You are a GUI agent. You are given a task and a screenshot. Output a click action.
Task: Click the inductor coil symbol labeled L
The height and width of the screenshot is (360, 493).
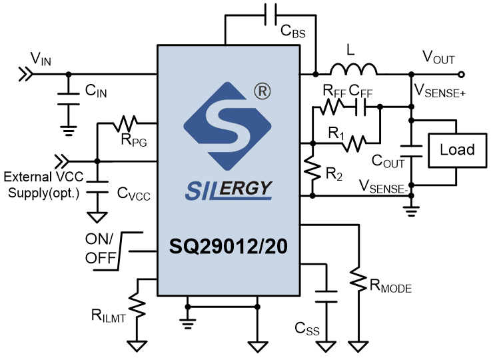coord(353,70)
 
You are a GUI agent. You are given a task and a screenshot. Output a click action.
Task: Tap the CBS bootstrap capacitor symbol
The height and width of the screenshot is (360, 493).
coord(270,15)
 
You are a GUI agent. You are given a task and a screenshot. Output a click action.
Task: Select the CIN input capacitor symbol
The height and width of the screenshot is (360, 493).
coord(68,99)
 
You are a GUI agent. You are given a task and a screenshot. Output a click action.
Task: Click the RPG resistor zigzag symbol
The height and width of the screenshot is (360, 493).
coord(125,123)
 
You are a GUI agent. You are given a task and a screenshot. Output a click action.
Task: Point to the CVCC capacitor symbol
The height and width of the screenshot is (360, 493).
coord(97,187)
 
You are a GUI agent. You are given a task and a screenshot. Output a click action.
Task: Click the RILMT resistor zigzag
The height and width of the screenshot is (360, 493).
coord(137,305)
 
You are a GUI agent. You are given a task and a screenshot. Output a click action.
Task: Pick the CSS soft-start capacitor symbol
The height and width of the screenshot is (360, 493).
coord(326,297)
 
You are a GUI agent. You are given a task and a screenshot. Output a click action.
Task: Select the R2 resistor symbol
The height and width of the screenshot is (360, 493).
coord(312,170)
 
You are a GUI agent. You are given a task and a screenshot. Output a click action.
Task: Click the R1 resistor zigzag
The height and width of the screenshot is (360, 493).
coord(354,143)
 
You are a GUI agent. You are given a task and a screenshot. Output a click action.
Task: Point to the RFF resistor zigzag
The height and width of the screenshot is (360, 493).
coord(332,107)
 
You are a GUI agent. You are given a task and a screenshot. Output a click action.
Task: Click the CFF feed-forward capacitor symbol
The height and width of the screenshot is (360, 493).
coord(360,107)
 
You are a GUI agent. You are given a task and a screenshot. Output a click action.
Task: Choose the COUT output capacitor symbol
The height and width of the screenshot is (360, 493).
coord(411,151)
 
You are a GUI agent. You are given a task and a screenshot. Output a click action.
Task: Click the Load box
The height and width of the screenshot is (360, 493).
coord(458,150)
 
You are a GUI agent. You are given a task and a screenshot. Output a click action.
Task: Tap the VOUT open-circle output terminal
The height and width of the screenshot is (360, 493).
coord(461,74)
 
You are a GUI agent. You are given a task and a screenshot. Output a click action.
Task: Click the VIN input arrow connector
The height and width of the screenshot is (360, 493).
coord(26,74)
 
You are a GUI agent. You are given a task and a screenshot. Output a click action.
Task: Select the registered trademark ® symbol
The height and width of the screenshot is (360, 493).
coord(262,91)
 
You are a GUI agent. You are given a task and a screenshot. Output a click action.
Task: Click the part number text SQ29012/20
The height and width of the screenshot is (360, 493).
coord(229,246)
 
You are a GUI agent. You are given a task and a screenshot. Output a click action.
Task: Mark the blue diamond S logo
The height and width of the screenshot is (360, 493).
coord(227,126)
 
